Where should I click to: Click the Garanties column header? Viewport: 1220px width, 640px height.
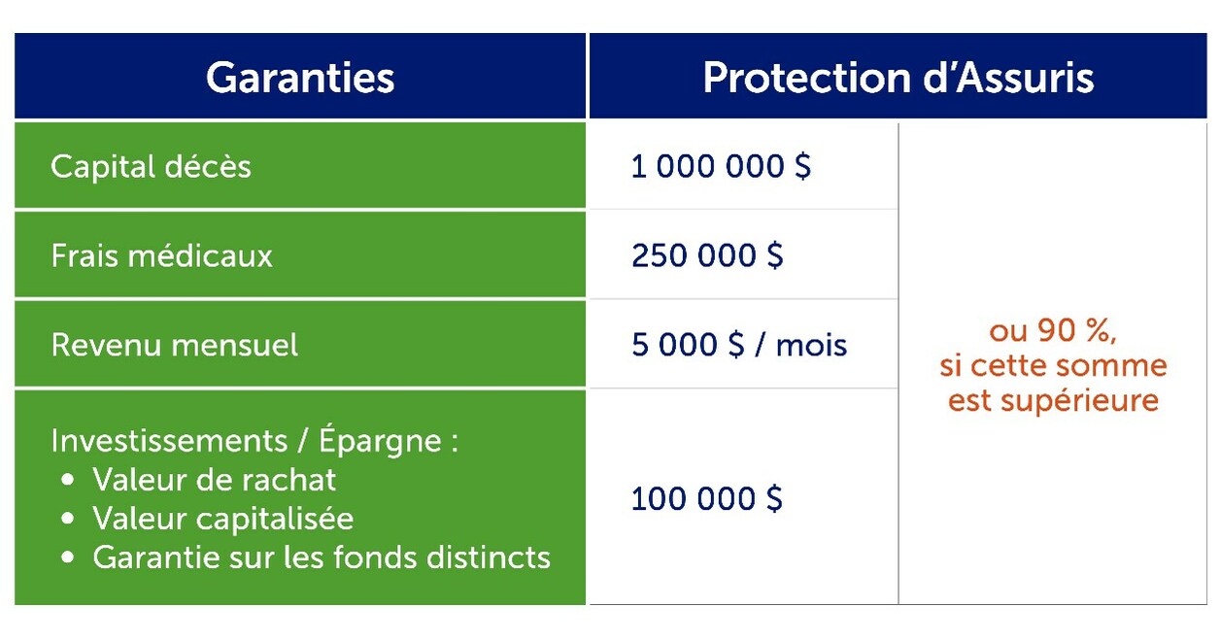300,78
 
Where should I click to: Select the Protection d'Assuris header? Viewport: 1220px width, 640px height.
898,78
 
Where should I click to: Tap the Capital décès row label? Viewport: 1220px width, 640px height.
151,167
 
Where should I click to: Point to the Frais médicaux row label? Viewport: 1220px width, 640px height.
161,256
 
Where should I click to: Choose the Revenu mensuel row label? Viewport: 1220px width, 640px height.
174,346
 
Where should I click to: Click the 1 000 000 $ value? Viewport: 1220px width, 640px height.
721,167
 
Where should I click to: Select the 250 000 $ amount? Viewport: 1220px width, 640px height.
706,256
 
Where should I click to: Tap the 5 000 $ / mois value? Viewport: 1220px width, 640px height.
738,346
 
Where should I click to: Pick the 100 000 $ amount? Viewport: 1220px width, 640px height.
706,499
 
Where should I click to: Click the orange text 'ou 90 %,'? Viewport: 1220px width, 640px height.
1053,331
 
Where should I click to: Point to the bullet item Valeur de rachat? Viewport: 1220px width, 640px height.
214,480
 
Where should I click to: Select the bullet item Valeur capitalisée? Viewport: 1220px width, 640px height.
222,519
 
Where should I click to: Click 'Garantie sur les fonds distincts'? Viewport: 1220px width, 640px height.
322,557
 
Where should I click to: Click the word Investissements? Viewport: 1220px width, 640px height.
168,441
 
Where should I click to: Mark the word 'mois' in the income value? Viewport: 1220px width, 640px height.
811,346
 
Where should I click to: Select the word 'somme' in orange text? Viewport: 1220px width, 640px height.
1111,366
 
